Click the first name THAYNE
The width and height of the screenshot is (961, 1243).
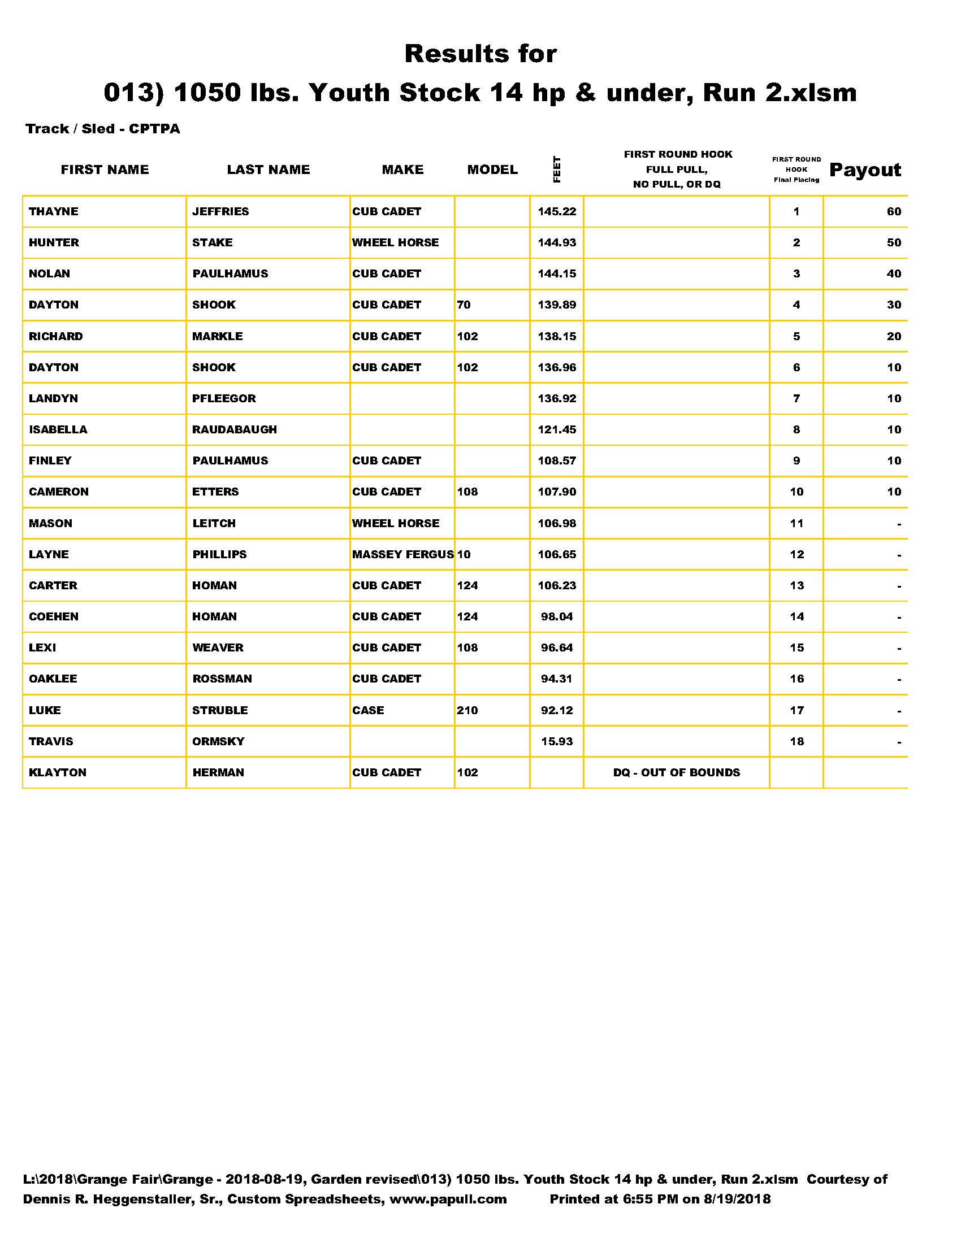[x=54, y=212]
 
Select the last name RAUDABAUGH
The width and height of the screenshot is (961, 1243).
[x=235, y=430]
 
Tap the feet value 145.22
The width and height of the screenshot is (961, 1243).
[x=557, y=212]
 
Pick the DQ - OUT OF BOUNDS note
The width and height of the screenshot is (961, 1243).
[x=676, y=772]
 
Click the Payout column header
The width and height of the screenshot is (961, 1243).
[x=865, y=169]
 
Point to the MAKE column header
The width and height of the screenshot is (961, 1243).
[x=402, y=169]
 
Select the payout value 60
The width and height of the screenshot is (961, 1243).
[x=894, y=212]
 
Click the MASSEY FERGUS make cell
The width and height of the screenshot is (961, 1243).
[x=402, y=554]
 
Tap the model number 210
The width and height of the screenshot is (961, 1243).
[x=467, y=710]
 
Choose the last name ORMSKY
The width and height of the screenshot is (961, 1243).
[x=218, y=742]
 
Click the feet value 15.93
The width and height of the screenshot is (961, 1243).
[x=557, y=742]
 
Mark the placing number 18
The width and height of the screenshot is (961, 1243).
[x=796, y=742]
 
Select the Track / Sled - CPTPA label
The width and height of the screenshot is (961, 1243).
[x=102, y=129]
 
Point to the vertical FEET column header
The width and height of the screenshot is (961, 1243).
[x=557, y=169]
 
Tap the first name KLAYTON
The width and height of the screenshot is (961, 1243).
[x=58, y=772]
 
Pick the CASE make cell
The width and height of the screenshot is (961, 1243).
[x=368, y=710]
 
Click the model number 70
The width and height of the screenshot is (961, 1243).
[x=464, y=305]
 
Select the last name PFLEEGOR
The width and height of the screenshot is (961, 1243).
[x=224, y=398]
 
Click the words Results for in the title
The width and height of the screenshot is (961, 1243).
[x=480, y=54]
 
